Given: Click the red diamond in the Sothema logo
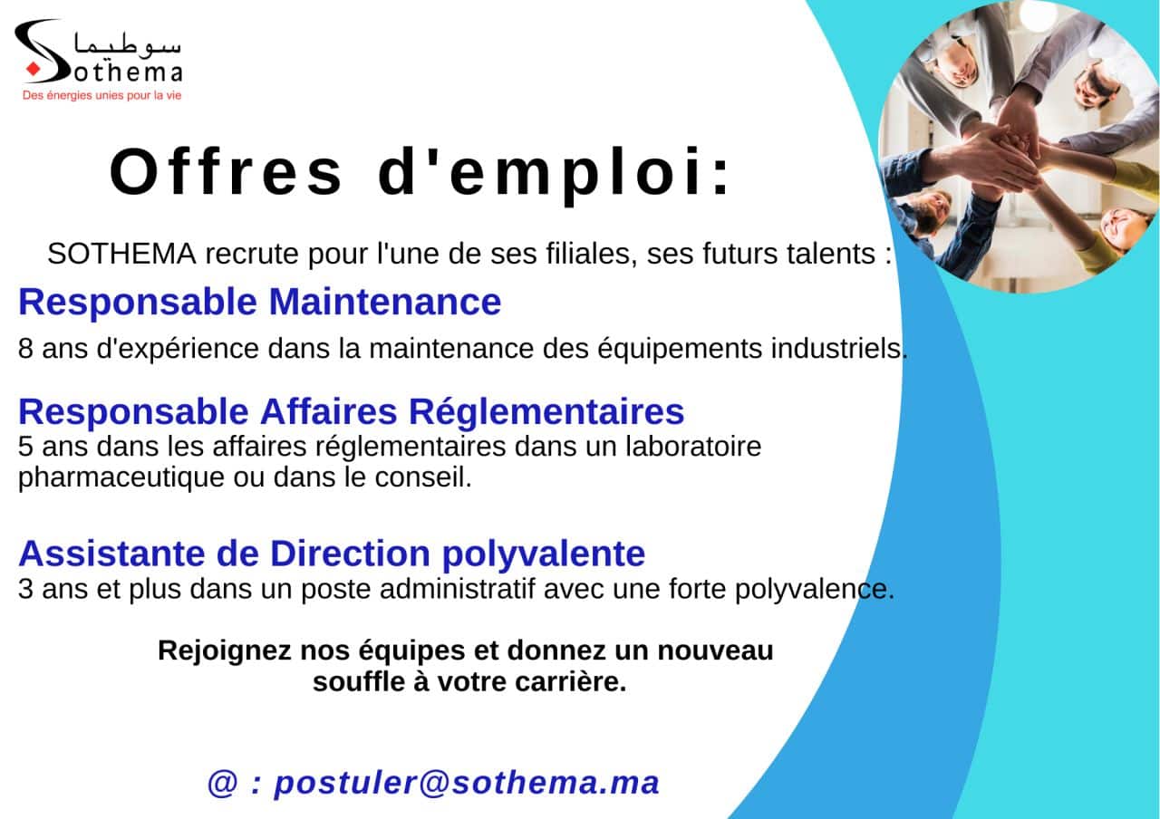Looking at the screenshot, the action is [34, 69].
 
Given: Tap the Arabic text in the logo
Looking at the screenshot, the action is [128, 45].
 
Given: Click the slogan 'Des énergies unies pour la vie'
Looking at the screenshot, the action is [102, 96].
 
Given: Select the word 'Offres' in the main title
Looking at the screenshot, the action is [227, 172].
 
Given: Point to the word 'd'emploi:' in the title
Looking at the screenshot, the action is [554, 175].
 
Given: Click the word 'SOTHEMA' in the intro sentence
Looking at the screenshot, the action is [121, 255].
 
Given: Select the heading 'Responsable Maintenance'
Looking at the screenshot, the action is [260, 302].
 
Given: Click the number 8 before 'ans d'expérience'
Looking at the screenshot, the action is [25, 349].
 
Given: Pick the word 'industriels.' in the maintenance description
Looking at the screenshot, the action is [839, 348].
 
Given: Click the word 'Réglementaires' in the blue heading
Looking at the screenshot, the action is [546, 411].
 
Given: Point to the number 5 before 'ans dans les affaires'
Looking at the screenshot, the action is [25, 447].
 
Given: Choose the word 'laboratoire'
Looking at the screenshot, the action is [693, 447].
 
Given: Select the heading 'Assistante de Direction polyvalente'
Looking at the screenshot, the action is [332, 554].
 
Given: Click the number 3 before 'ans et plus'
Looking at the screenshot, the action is [25, 589].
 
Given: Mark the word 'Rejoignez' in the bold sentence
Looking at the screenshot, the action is [225, 651].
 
